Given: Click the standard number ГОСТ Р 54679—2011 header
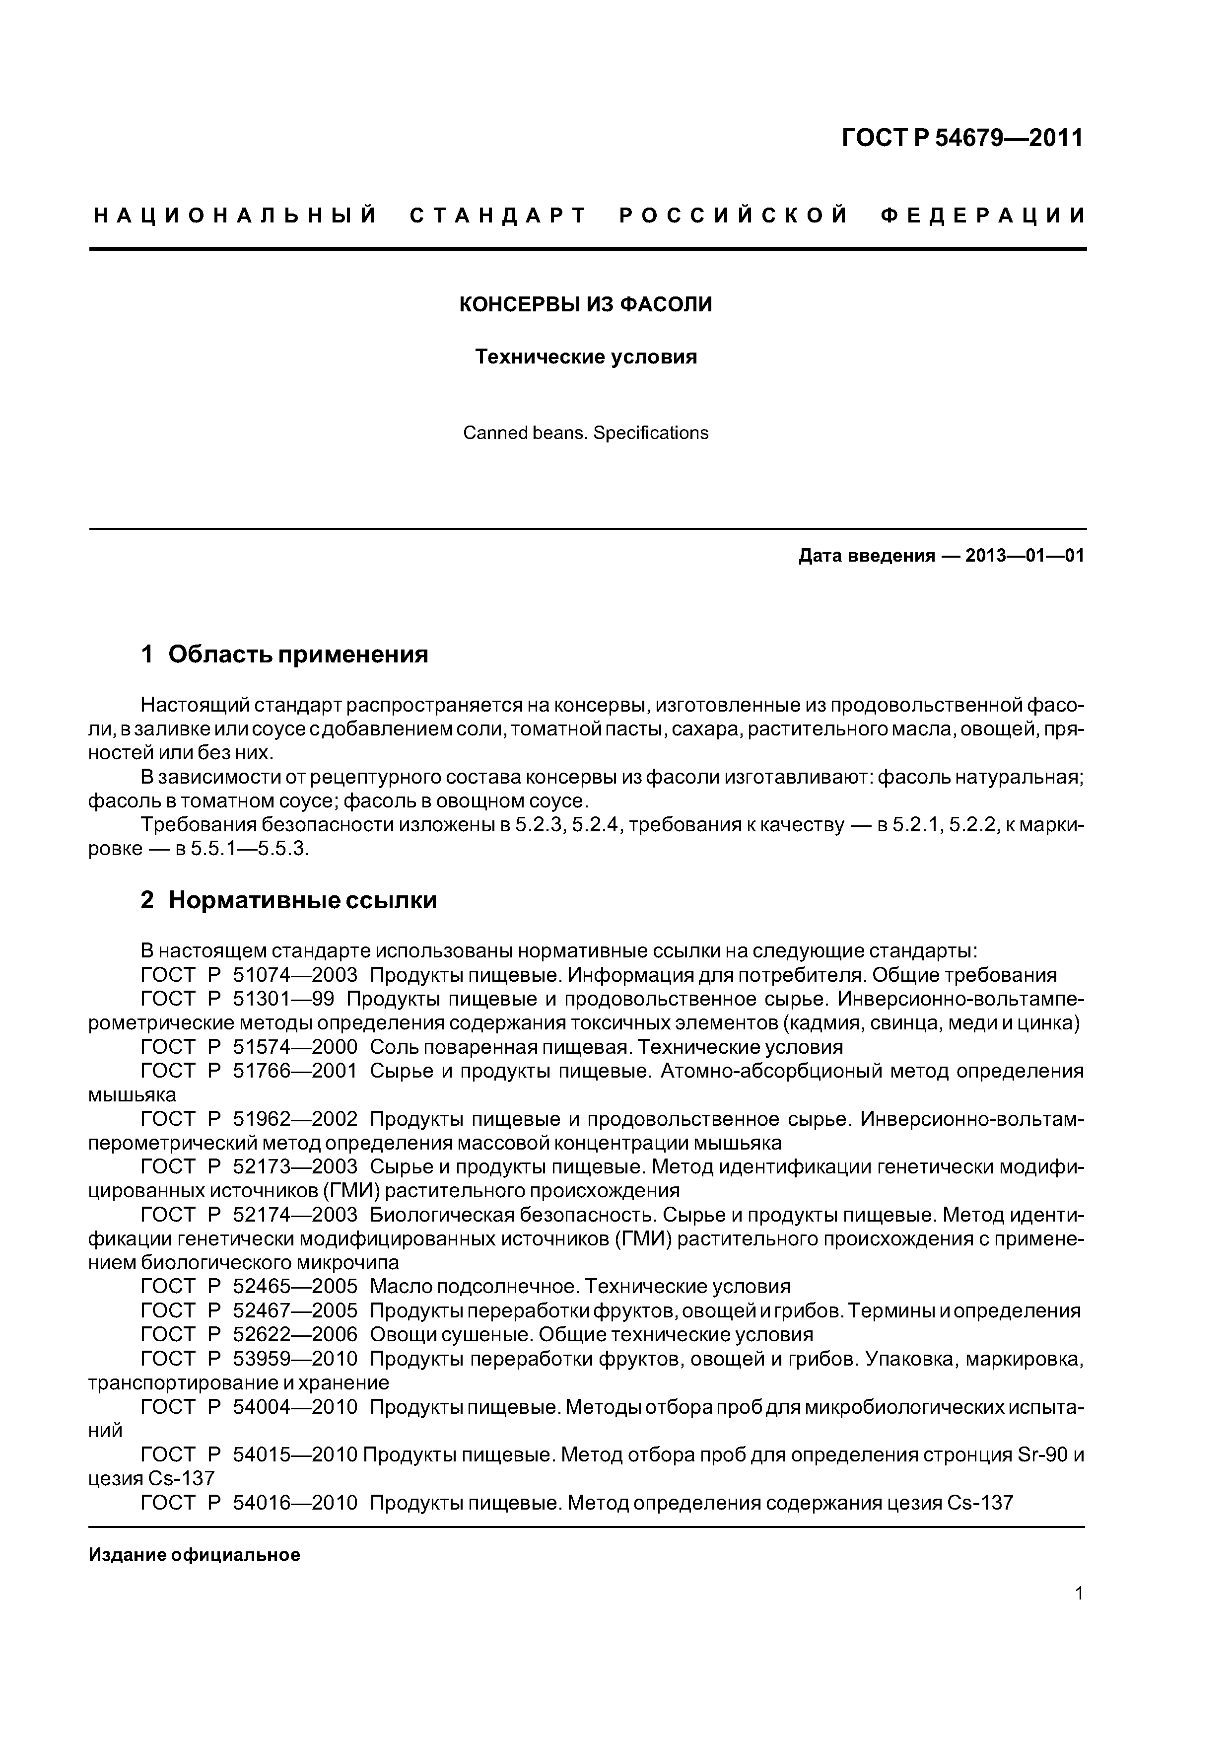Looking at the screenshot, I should (962, 138).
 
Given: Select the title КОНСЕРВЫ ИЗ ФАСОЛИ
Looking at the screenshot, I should (586, 305).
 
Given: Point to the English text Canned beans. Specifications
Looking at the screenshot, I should (586, 433).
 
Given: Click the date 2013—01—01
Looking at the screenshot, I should (1024, 556).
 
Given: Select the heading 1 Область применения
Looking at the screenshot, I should (285, 654).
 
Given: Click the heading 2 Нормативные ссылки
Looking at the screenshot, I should (289, 900).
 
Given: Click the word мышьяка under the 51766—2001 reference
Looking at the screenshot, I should (132, 1095).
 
